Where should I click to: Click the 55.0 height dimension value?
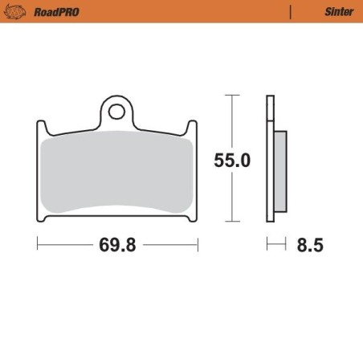point(232,161)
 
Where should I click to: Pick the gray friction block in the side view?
point(279,173)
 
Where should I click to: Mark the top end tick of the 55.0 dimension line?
point(232,95)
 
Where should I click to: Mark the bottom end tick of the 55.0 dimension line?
point(232,222)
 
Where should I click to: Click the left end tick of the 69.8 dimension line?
point(38,245)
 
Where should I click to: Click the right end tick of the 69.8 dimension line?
point(198,245)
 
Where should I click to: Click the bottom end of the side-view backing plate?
point(270,218)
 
